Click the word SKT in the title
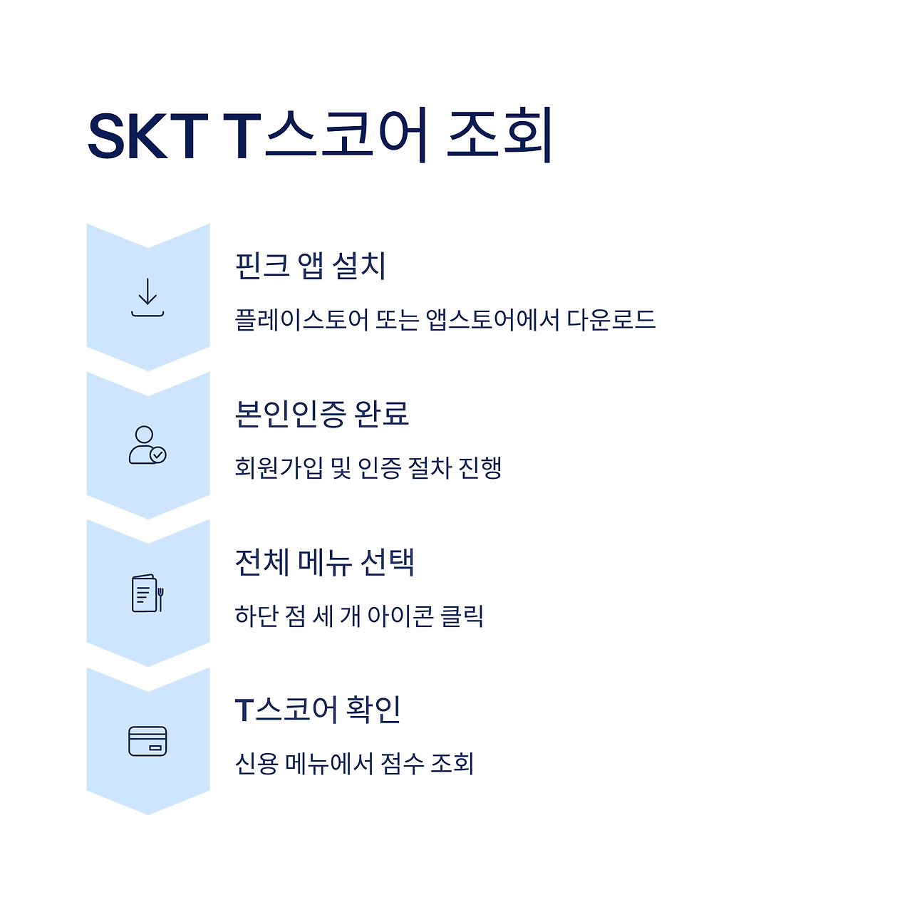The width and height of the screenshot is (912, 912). (x=147, y=136)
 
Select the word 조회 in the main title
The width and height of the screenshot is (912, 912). (x=499, y=136)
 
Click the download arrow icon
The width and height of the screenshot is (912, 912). (x=147, y=297)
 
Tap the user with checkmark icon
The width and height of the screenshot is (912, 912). (x=147, y=445)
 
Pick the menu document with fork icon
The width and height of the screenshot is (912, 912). (x=147, y=593)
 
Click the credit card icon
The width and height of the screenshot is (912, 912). (x=147, y=741)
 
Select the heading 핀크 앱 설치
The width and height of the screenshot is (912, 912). (x=311, y=266)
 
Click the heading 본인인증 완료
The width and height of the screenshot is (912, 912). (x=322, y=414)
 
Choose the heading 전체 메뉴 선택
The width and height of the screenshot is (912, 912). (x=325, y=562)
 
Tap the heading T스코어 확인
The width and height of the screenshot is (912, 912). (x=318, y=710)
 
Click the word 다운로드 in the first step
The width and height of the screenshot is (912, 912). (x=611, y=320)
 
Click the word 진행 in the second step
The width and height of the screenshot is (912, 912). (x=480, y=468)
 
